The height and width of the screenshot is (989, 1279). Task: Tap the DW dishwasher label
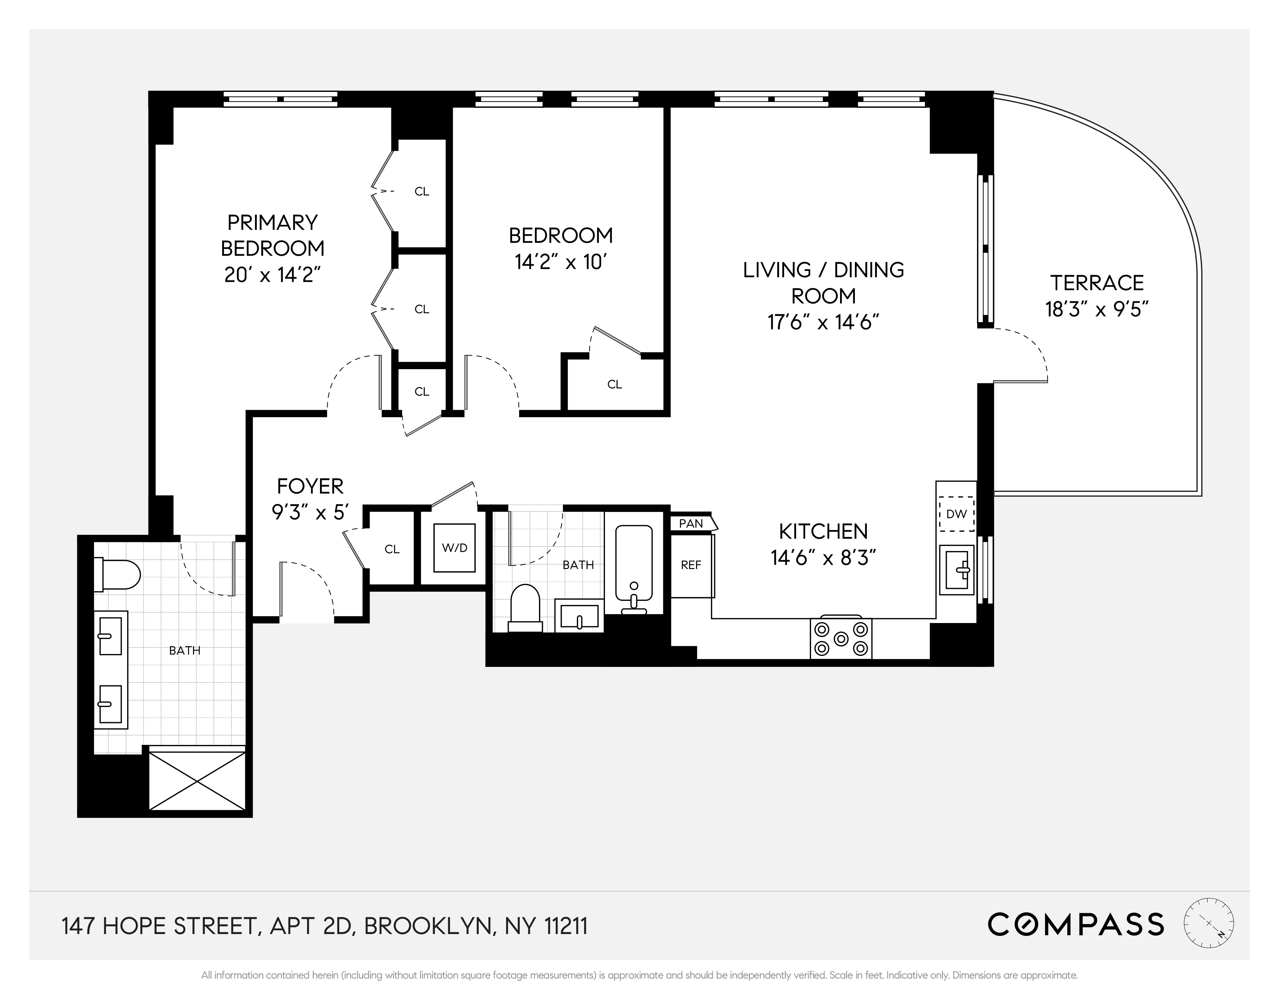tap(956, 514)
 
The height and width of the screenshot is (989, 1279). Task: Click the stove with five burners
tap(841, 638)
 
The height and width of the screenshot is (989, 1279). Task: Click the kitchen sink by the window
tap(956, 569)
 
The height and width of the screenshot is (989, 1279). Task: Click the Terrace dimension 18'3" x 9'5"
tap(1096, 309)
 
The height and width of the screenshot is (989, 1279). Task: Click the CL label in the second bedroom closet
tap(614, 384)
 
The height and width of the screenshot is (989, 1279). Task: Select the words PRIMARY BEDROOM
tap(272, 236)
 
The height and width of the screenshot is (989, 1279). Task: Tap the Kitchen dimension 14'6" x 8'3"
tap(823, 558)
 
